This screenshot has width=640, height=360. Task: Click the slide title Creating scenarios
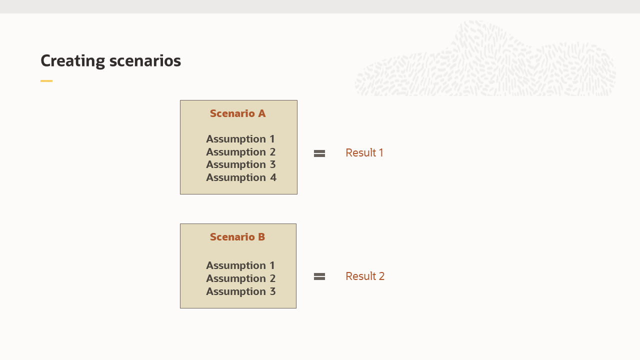click(110, 61)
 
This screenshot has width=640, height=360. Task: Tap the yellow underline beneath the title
click(46, 81)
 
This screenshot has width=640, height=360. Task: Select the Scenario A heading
click(237, 113)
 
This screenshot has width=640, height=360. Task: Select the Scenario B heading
click(237, 237)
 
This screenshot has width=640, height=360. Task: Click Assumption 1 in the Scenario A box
click(240, 139)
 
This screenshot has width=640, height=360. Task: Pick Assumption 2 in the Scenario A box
click(240, 152)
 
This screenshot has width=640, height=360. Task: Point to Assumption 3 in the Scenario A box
click(240, 164)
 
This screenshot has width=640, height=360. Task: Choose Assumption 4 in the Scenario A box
click(241, 177)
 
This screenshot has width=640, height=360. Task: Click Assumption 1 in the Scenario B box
click(240, 265)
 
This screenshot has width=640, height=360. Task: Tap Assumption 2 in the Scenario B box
click(240, 278)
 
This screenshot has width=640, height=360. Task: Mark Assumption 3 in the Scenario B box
click(240, 291)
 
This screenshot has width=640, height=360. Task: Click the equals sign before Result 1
click(319, 153)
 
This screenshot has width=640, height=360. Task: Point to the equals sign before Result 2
click(319, 276)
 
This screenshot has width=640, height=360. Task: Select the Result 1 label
click(364, 153)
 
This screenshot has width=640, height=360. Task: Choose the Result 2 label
click(365, 276)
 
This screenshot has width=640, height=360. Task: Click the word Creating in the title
click(72, 61)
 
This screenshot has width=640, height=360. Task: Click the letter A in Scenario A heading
click(261, 113)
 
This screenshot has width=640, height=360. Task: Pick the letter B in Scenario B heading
click(261, 237)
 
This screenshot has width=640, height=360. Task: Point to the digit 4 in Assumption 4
click(273, 177)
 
